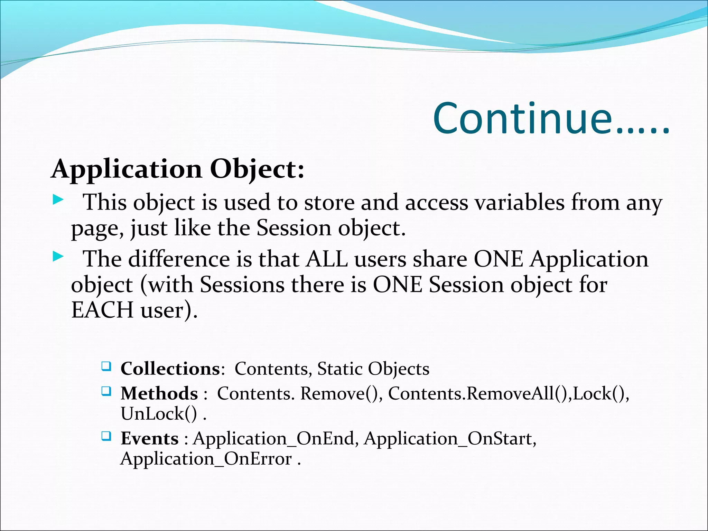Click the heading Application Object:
pos(178,169)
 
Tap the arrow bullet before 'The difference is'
pos(58,257)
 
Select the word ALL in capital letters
pos(327,259)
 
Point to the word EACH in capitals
pos(102,310)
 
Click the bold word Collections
pos(170,369)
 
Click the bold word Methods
pos(159,393)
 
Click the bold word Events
pos(149,438)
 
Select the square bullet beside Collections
pos(106,366)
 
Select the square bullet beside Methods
pos(106,391)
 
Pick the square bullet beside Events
pos(106,436)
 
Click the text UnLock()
pos(159,414)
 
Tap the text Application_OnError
pos(206,459)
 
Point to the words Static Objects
pos(373,369)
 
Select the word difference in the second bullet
pos(179,259)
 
